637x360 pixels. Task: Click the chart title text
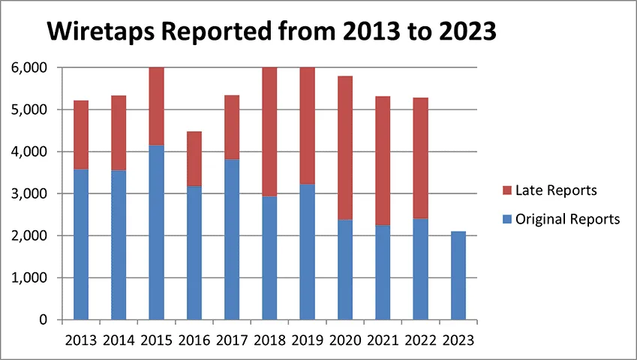271,32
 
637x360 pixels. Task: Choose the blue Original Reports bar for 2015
156,232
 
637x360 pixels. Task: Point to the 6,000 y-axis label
29,67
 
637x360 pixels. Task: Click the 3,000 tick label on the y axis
29,193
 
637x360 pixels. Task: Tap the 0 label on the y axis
43,319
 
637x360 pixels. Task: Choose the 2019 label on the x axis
307,339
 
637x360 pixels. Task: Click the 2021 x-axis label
383,339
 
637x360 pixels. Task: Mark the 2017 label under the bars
232,339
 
